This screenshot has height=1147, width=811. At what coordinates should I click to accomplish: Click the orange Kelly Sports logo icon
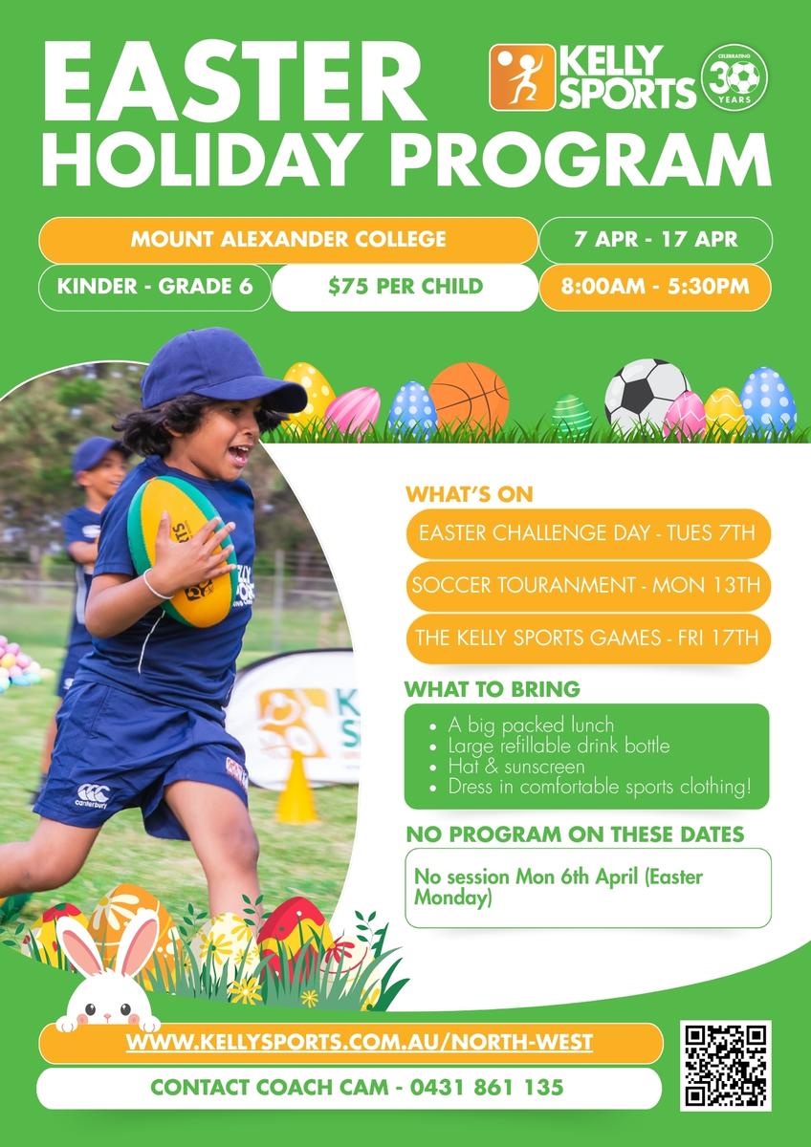[522, 77]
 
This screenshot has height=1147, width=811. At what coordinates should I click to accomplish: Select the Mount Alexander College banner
[288, 240]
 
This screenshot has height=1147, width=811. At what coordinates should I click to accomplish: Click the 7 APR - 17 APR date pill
[656, 240]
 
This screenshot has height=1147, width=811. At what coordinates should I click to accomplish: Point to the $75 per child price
[405, 287]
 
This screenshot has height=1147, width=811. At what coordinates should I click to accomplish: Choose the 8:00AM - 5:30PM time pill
[655, 287]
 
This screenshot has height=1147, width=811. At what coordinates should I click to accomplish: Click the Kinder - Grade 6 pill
[155, 287]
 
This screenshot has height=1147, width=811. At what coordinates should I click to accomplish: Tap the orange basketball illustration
[469, 399]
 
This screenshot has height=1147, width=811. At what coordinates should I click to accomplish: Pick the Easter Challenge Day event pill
[588, 533]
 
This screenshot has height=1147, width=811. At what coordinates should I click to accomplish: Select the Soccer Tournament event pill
[588, 585]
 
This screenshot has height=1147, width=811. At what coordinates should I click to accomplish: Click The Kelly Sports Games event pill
[588, 638]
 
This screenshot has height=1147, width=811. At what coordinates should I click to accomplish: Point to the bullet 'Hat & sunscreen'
[515, 766]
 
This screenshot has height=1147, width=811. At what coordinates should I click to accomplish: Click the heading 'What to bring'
[493, 689]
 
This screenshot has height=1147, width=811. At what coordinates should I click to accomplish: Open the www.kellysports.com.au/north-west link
[360, 1042]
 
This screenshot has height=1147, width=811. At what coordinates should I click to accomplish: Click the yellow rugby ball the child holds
[182, 552]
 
